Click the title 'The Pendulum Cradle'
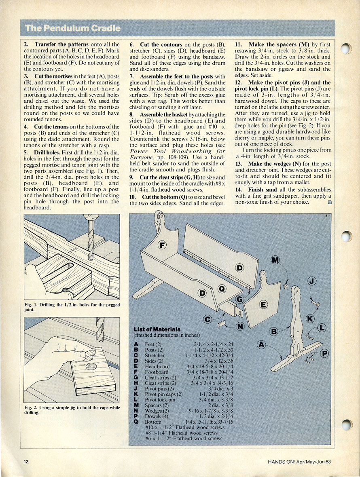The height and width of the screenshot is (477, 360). [x=73, y=28]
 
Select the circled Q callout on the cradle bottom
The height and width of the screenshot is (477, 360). [x=222, y=289]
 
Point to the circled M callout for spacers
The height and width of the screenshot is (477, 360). [x=275, y=260]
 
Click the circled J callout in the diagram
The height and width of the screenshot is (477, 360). [x=312, y=281]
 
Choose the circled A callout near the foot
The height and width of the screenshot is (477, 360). [x=261, y=345]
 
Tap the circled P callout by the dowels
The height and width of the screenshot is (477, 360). [x=325, y=353]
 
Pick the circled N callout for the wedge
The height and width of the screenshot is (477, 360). [x=240, y=326]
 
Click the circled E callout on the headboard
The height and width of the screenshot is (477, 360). [x=263, y=305]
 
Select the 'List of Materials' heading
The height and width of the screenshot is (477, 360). [x=157, y=329]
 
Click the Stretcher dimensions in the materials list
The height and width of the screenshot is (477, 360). [x=210, y=355]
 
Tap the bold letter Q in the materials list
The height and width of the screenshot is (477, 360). [x=136, y=422]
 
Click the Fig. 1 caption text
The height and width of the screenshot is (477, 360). [x=72, y=307]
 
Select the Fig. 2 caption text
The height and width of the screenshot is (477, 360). [x=72, y=410]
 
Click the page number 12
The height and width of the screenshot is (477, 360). [x=26, y=462]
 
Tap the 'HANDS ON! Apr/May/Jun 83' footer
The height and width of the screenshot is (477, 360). [x=299, y=462]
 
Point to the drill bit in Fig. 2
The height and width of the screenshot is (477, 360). [x=100, y=329]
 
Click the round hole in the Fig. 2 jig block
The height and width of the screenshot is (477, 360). [x=91, y=367]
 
